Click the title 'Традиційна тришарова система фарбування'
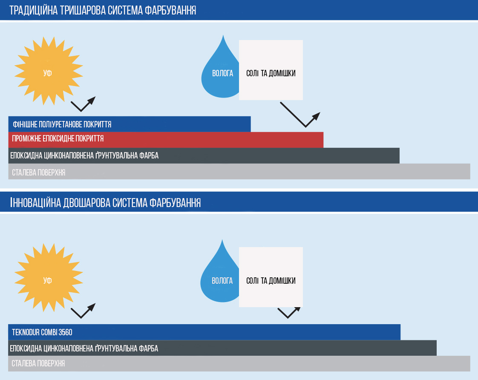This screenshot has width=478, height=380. [x=102, y=10]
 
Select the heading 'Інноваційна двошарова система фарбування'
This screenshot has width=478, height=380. [x=105, y=203]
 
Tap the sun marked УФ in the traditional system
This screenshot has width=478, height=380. [x=49, y=71]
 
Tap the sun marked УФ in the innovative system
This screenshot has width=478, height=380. [x=49, y=278]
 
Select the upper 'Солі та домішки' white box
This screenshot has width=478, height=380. [x=271, y=70]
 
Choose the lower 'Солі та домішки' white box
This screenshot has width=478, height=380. [x=271, y=277]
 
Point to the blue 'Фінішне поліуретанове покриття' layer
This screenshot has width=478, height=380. [x=130, y=124]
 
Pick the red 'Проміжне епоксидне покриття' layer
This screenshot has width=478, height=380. [x=166, y=140]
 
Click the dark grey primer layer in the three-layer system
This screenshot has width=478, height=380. [x=204, y=156]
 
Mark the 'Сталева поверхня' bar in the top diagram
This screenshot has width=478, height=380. [x=239, y=172]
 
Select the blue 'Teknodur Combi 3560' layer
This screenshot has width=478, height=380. [x=204, y=332]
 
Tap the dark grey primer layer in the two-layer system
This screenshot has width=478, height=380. [x=222, y=348]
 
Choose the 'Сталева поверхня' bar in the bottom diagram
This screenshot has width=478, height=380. [x=239, y=363]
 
